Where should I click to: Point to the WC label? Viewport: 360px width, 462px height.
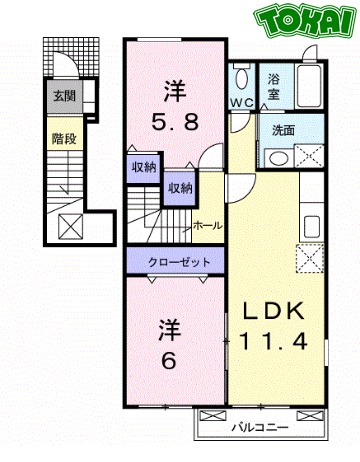click(240, 103)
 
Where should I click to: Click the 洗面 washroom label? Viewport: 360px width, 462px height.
click(282, 129)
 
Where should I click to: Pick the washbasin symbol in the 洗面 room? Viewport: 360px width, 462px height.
click(280, 156)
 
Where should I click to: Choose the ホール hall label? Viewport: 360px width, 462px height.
click(207, 226)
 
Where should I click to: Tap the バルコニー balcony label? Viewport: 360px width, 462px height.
click(261, 426)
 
